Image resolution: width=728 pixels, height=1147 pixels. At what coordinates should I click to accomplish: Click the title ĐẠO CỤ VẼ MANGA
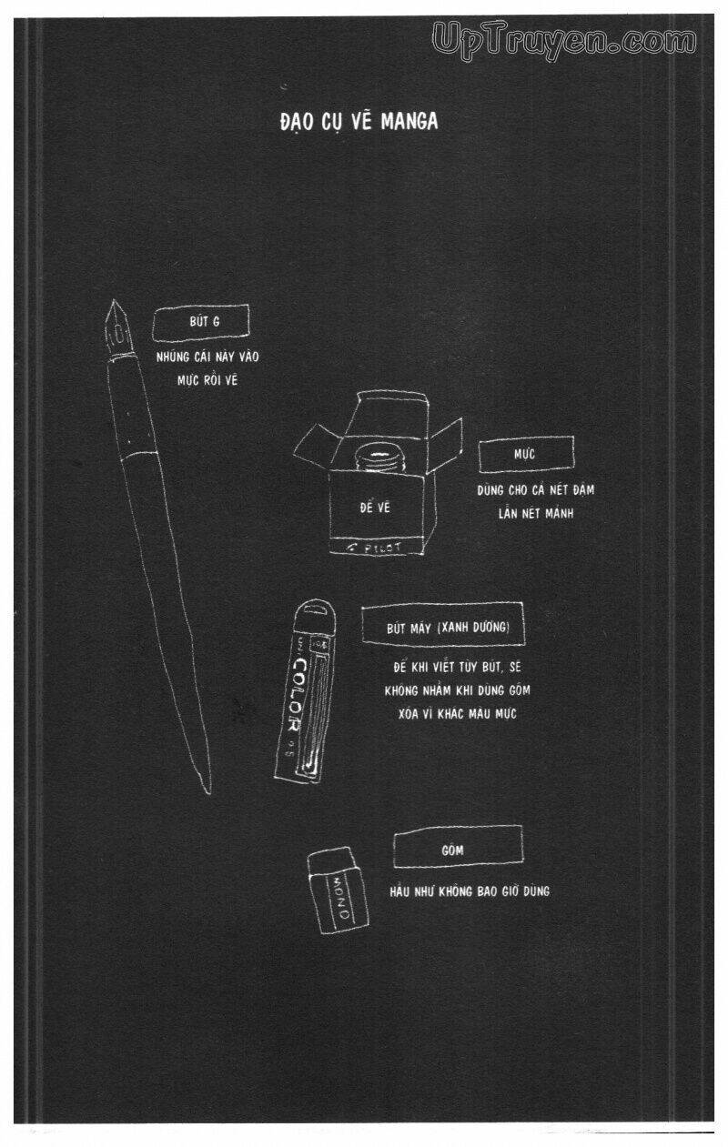pyautogui.click(x=359, y=121)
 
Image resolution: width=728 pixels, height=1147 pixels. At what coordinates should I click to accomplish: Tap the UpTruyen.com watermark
pyautogui.click(x=565, y=39)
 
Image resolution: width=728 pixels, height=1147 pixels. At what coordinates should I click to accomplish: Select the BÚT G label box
pyautogui.click(x=200, y=322)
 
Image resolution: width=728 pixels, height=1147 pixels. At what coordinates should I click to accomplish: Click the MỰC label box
pyautogui.click(x=527, y=452)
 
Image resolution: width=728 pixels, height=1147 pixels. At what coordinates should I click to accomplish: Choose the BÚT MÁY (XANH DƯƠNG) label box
pyautogui.click(x=442, y=629)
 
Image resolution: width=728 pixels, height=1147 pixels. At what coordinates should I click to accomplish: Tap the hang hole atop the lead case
pyautogui.click(x=315, y=610)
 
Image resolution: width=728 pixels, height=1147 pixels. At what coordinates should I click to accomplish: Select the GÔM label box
pyautogui.click(x=457, y=850)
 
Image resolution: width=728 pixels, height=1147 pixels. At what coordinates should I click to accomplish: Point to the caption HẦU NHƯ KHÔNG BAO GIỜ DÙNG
pyautogui.click(x=469, y=891)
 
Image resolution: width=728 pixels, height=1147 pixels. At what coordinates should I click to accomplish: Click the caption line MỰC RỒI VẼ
pyautogui.click(x=207, y=380)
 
